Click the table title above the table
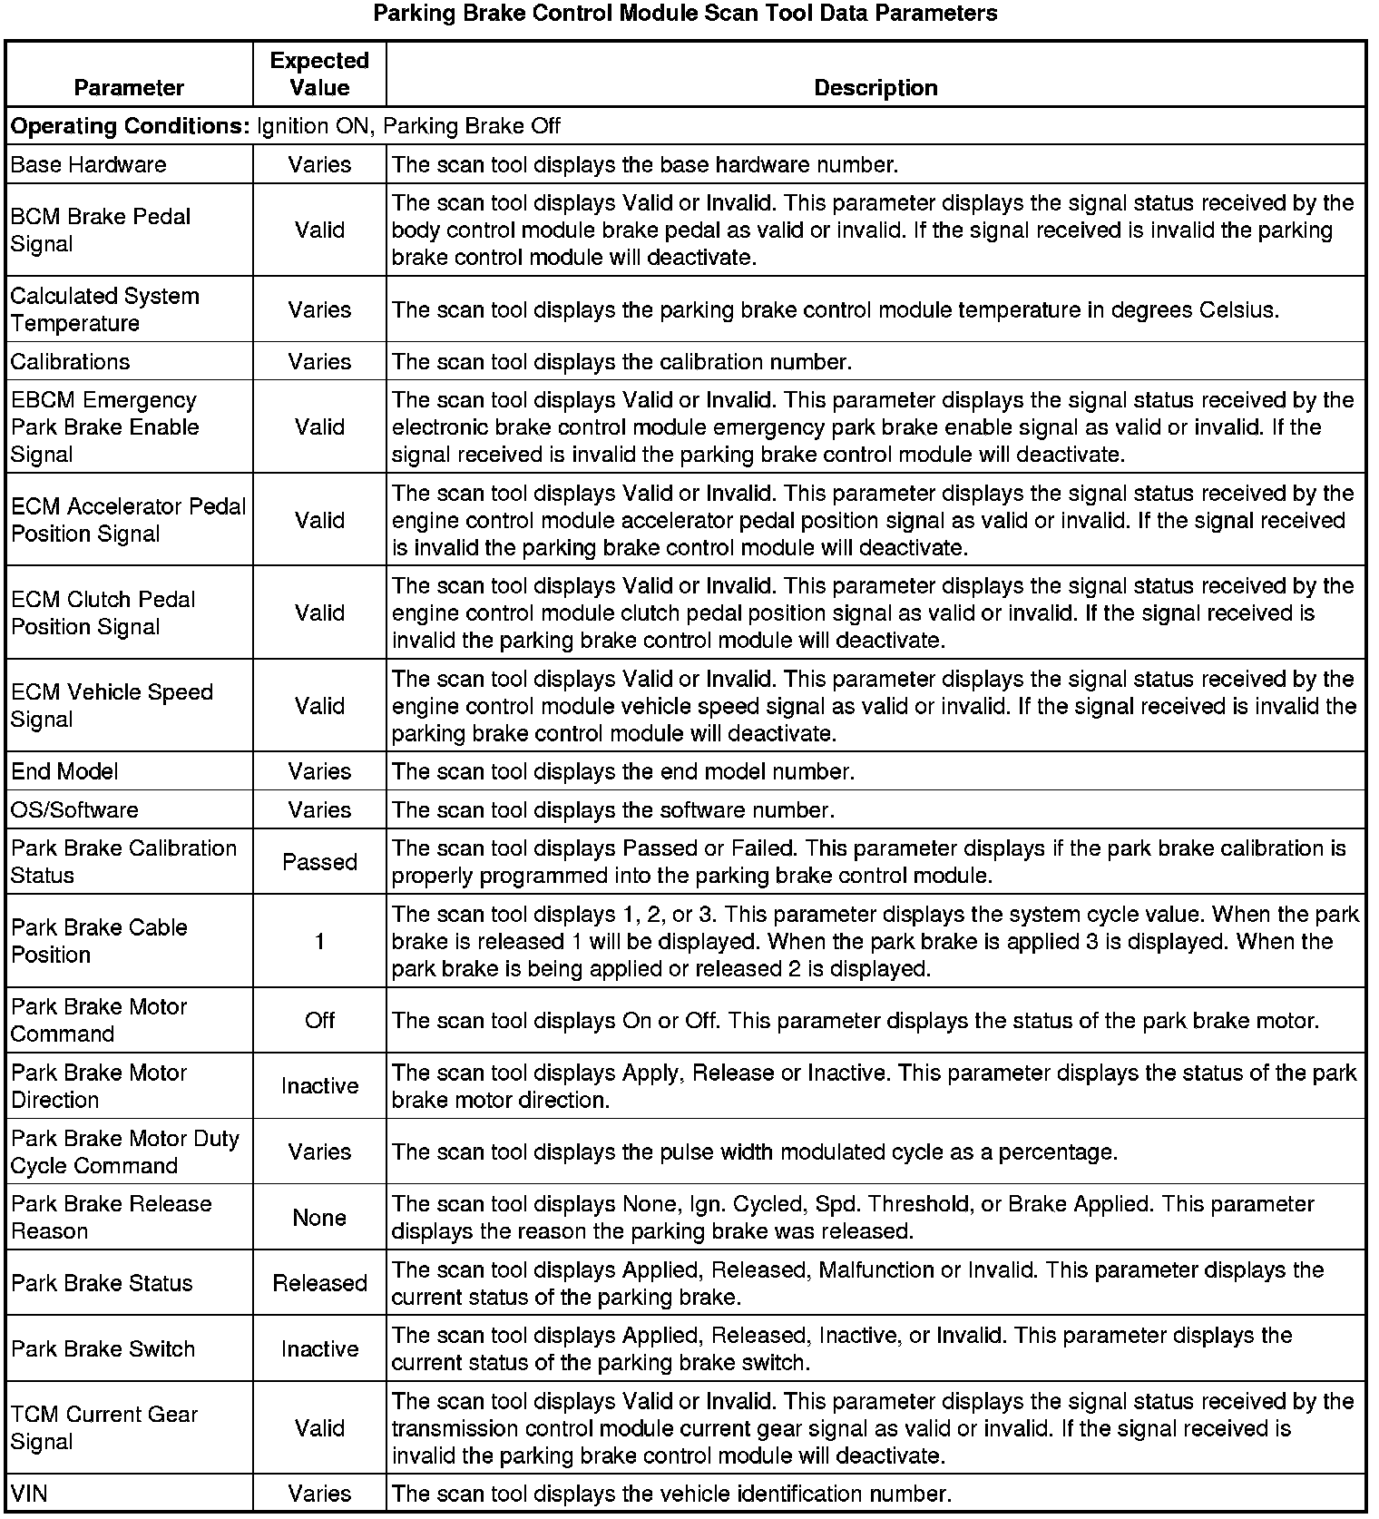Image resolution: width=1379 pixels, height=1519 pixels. point(685,14)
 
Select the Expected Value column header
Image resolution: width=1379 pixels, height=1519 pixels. point(319,74)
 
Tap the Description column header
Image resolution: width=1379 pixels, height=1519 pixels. point(875,88)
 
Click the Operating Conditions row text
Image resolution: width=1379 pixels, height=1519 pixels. point(286,126)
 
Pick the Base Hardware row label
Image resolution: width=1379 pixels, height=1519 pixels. point(89,165)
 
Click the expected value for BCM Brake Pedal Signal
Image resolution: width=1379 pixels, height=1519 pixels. point(319,230)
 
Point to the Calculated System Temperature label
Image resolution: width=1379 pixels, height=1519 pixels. point(105,309)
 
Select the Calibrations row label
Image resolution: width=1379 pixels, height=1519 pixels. point(71,362)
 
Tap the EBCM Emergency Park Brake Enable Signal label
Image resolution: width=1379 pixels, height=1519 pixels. point(105,426)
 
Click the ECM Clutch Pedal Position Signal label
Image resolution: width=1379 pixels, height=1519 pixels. point(103,612)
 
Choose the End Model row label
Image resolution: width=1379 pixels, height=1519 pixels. point(64,771)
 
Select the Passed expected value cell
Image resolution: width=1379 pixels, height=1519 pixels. point(319,862)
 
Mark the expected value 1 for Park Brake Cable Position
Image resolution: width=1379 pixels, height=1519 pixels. point(319,941)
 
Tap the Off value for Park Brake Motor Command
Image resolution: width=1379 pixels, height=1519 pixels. point(319,1020)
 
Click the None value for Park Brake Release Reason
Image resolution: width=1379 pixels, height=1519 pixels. point(319,1218)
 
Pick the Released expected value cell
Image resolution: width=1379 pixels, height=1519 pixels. point(319,1283)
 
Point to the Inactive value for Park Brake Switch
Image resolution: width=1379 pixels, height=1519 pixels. point(319,1349)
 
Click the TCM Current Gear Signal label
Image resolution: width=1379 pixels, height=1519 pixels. point(104,1427)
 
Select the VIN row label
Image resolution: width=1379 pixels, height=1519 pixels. point(29,1494)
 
